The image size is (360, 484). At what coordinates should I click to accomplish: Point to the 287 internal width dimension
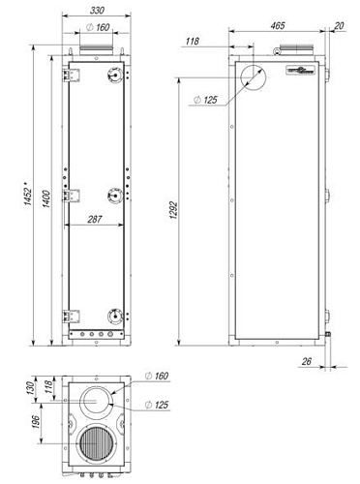pos(95,220)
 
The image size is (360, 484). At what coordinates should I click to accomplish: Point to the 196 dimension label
pos(38,425)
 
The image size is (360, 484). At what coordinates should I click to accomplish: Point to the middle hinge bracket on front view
pos(69,195)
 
